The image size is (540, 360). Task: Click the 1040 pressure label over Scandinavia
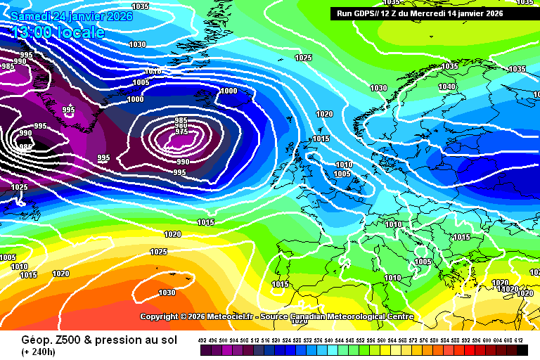click(x=446, y=87)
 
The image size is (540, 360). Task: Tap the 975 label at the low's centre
click(x=181, y=131)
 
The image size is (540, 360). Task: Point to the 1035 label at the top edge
click(x=141, y=6)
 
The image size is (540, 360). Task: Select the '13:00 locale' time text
click(x=57, y=32)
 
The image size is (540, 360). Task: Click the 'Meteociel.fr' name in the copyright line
click(x=229, y=316)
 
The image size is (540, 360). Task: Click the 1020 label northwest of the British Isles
click(x=324, y=114)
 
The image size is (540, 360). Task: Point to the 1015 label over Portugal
click(x=280, y=285)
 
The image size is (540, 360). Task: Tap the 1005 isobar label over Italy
click(x=423, y=262)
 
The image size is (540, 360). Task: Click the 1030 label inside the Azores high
click(x=167, y=292)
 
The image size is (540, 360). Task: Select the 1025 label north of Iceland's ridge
click(x=303, y=58)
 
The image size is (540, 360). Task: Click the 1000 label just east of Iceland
click(x=229, y=91)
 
